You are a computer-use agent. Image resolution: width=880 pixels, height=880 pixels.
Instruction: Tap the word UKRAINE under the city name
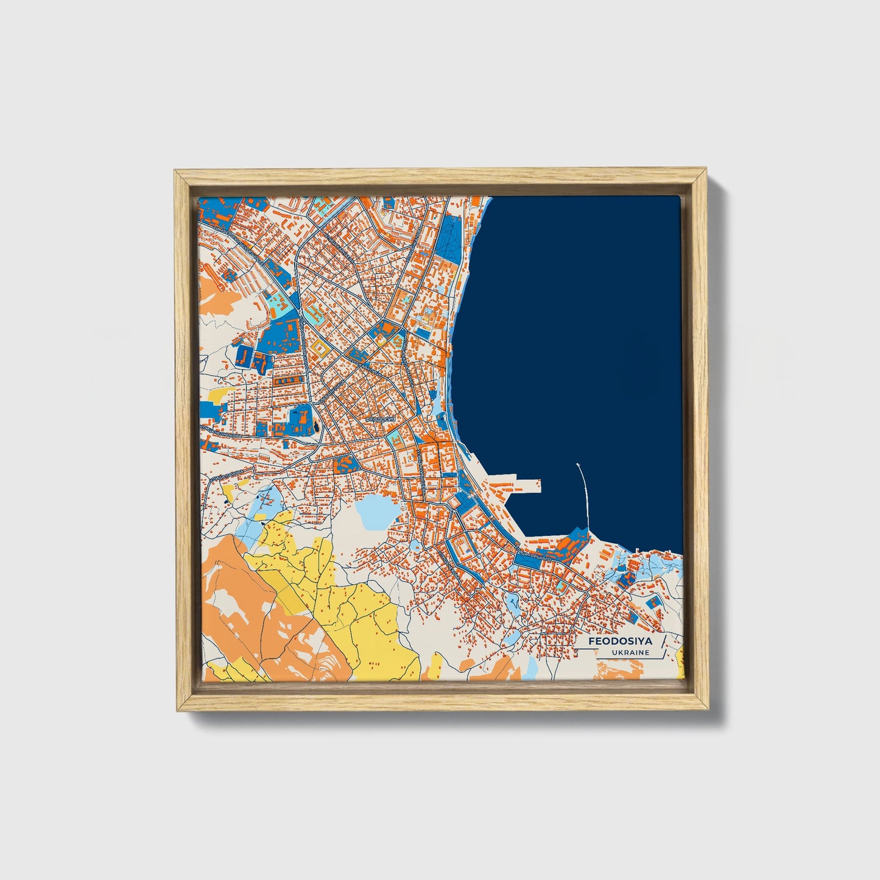coord(632,653)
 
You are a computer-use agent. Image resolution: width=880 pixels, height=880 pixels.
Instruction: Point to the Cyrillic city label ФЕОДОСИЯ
coord(381,420)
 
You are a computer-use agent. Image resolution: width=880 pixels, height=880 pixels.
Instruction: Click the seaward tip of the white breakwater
coord(577,465)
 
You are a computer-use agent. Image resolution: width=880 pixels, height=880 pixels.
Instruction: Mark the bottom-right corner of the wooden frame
coord(708,710)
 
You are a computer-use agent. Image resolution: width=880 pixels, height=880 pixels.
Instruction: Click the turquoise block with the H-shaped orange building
coord(278,301)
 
